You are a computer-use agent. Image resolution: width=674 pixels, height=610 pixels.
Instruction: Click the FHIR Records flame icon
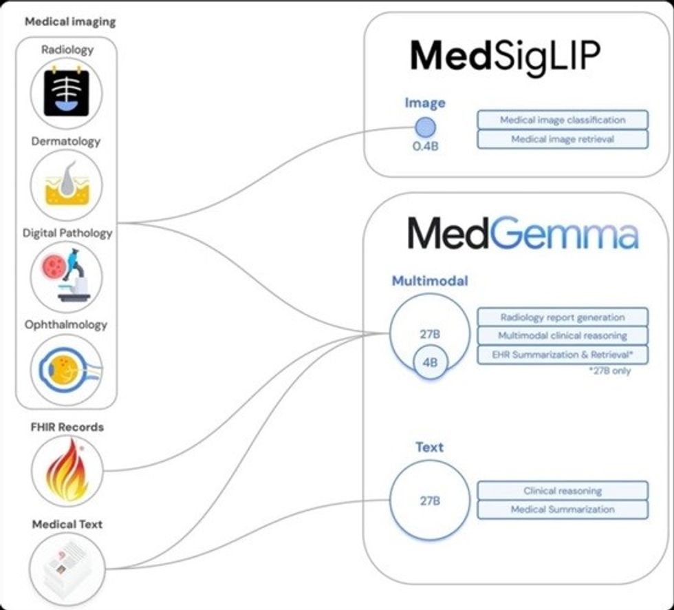point(67,472)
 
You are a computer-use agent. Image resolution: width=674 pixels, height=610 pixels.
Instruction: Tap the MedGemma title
point(523,234)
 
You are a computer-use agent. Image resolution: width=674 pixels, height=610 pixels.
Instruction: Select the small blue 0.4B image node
point(425,128)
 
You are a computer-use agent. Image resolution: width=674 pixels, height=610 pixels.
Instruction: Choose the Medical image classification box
point(563,120)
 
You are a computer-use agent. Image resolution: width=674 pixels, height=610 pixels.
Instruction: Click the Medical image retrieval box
point(563,139)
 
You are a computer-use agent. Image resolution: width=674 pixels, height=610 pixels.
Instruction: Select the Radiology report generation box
point(563,317)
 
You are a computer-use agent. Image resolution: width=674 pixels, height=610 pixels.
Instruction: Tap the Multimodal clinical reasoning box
point(563,336)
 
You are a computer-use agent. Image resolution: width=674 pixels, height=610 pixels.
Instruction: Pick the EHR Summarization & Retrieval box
point(563,355)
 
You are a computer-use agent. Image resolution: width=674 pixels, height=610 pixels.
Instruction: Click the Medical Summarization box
point(563,509)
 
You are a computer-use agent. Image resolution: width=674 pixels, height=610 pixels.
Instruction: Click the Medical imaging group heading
point(70,21)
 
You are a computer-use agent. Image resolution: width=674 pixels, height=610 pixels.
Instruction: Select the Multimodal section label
point(430,281)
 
